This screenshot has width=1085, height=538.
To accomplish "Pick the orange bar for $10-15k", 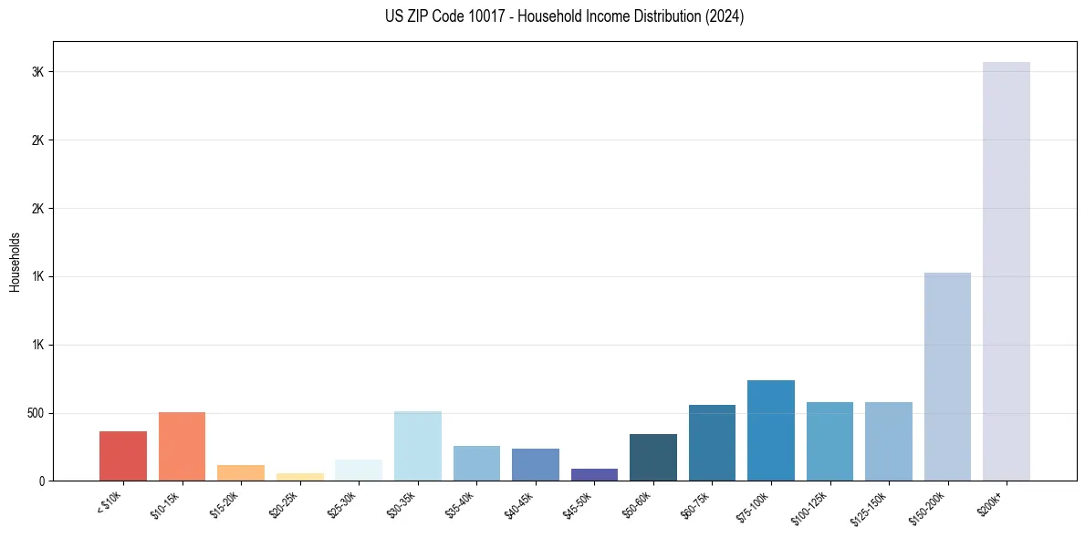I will [x=182, y=447].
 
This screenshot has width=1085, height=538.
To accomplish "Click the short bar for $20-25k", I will [x=300, y=477].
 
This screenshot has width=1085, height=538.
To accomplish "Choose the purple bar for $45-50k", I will [x=594, y=474].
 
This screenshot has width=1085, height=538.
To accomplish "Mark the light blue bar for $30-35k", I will [x=418, y=446].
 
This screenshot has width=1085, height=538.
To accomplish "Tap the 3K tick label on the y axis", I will [x=37, y=72].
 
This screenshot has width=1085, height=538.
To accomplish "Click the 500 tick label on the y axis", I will [x=34, y=413].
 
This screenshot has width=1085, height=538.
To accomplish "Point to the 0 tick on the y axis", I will [x=41, y=481].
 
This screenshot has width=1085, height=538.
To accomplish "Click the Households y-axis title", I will [x=16, y=262].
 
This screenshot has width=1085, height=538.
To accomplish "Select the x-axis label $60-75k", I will [x=695, y=504].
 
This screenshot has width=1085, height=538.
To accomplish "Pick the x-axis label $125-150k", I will [x=869, y=506].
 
